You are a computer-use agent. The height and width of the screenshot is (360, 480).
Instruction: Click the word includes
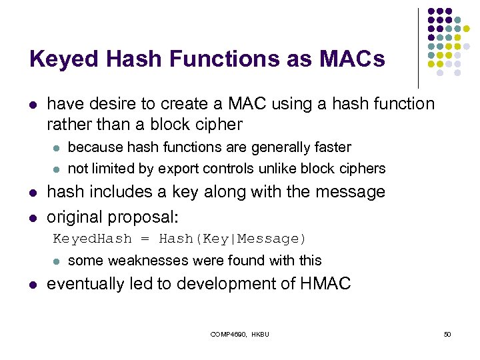(115, 192)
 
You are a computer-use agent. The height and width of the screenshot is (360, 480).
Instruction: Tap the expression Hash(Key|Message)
(233, 239)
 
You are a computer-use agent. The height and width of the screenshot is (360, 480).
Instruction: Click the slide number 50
(447, 333)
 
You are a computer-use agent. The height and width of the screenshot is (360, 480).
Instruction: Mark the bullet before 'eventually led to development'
(33, 285)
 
